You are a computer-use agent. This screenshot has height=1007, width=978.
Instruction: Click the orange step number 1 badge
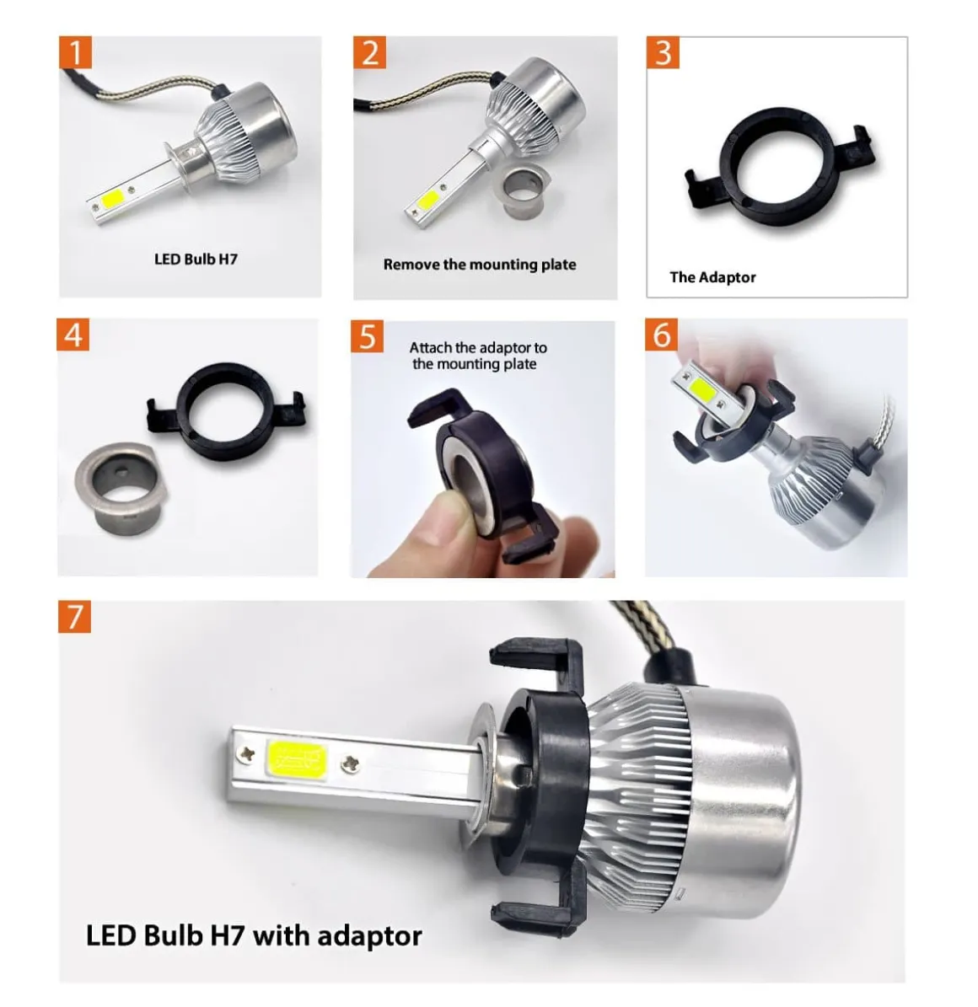tap(75, 52)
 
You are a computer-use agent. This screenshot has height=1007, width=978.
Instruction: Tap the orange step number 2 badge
tap(369, 52)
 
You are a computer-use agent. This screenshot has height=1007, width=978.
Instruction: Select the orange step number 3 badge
tap(664, 52)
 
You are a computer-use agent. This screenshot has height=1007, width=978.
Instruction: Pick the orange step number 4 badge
tap(73, 335)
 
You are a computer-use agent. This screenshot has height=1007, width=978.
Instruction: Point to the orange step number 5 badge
tap(367, 336)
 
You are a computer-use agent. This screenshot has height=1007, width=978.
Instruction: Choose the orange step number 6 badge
tap(661, 335)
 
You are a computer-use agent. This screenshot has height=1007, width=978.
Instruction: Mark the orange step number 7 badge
tap(74, 617)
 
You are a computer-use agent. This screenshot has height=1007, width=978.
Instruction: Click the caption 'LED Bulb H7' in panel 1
tap(196, 259)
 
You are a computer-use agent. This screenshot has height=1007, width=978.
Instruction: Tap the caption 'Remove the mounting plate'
tap(480, 265)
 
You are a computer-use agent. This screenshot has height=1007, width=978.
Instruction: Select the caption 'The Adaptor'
tap(712, 277)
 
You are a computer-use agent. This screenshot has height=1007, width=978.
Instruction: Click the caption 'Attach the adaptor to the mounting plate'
tap(478, 356)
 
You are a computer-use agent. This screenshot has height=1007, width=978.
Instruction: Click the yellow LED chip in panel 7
tap(296, 758)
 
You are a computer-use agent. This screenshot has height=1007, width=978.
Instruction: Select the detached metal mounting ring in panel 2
tap(523, 192)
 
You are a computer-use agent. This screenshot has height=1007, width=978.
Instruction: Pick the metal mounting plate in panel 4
tap(122, 488)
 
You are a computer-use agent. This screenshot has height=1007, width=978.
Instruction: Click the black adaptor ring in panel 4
tap(228, 411)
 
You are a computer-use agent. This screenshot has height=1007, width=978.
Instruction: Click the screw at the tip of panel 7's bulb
tap(246, 754)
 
